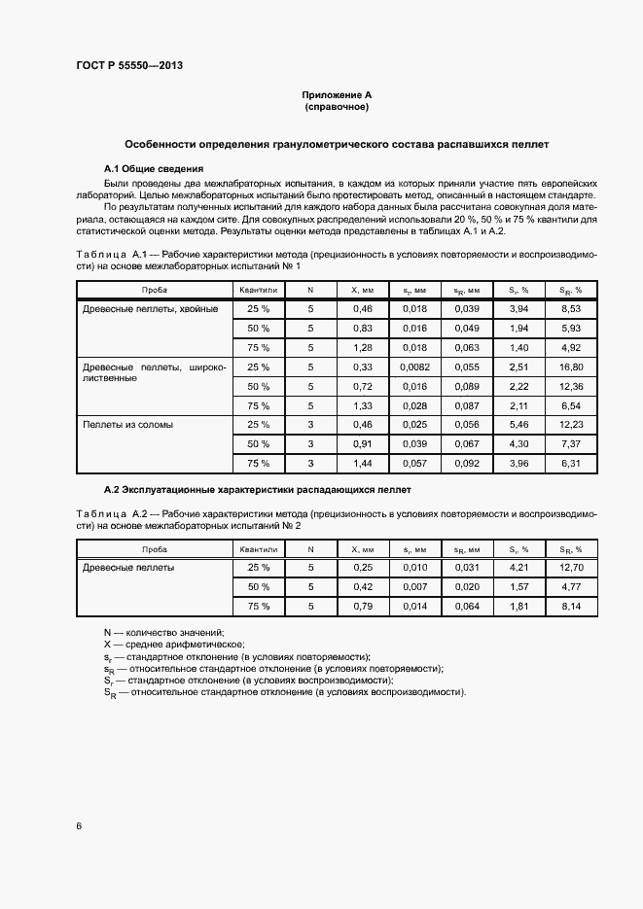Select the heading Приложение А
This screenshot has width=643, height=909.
coord(337,94)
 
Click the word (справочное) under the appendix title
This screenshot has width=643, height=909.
coord(337,106)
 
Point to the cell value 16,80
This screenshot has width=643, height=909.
coord(570,367)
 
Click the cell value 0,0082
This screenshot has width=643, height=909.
coord(414,367)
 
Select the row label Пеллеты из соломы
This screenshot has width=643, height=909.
coord(128,425)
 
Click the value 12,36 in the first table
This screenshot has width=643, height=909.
coord(570,386)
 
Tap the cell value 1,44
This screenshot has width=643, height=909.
coord(362,464)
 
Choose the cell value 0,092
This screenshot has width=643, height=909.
coord(466,464)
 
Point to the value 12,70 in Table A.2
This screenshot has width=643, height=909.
coord(570,567)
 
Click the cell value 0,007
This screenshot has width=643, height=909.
coord(414,586)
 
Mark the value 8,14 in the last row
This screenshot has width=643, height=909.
coord(570,606)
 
